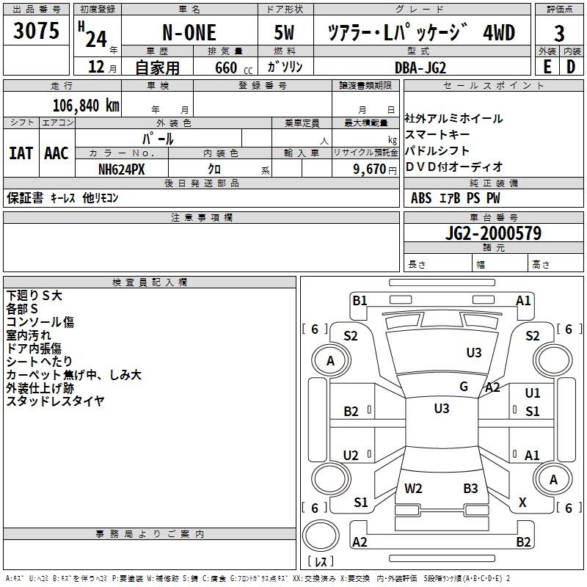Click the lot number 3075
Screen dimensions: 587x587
point(37,32)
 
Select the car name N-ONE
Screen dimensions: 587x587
point(189,33)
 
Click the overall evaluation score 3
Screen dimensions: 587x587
point(559,33)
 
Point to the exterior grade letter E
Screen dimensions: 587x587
point(547,66)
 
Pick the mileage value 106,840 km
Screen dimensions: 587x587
point(86,105)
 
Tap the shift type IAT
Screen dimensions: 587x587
point(21,153)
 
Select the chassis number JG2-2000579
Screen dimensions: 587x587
point(494,234)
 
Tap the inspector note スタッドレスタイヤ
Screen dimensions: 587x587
point(55,401)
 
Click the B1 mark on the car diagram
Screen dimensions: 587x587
point(360,300)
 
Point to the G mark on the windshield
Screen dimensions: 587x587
point(464,387)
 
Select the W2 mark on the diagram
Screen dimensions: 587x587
point(413,488)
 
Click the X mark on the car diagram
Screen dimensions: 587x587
point(522,503)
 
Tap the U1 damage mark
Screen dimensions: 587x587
point(533,393)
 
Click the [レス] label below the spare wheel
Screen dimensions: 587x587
point(320,562)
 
